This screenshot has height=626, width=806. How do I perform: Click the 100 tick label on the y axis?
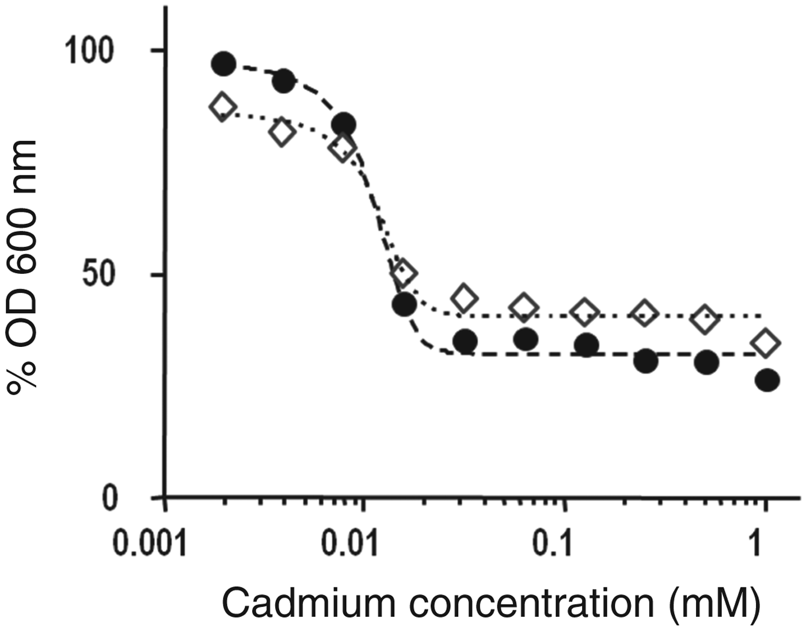tap(89, 51)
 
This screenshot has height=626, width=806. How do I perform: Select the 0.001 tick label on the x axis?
tap(150, 544)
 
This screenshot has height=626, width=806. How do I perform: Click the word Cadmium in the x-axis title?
tap(308, 603)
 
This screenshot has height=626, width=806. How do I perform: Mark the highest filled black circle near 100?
tap(223, 64)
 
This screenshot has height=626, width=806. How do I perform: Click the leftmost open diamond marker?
tap(223, 107)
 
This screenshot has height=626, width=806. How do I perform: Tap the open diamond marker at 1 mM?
tap(767, 343)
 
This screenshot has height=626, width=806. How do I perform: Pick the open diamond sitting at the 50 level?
tap(404, 273)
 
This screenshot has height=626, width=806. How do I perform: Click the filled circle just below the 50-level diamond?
tap(404, 304)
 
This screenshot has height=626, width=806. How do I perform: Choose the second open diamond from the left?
tap(282, 132)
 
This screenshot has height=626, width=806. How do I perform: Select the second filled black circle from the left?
tap(283, 82)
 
